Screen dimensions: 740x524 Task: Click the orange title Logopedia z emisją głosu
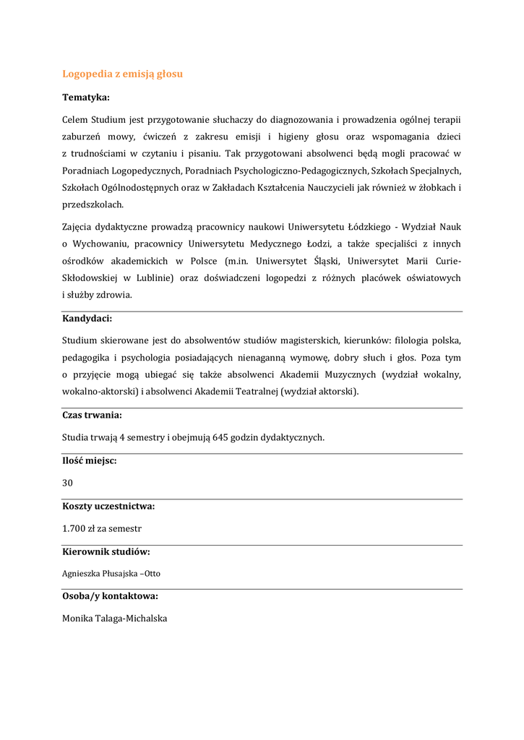(122, 74)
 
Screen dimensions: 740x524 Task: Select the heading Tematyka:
(86, 97)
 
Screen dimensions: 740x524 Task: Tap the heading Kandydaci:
(87, 318)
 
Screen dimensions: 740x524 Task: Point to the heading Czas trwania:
(92, 416)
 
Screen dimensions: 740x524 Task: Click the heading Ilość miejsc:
(90, 461)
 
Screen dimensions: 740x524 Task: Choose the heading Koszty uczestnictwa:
(108, 507)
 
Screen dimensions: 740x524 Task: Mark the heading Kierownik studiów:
(106, 552)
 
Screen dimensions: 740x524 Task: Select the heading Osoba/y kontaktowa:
(110, 596)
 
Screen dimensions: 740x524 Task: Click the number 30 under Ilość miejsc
(67, 483)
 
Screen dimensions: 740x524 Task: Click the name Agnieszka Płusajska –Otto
(111, 574)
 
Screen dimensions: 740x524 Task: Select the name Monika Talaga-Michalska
(114, 619)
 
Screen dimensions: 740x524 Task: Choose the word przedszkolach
(93, 205)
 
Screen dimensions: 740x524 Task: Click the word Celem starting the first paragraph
(76, 119)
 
